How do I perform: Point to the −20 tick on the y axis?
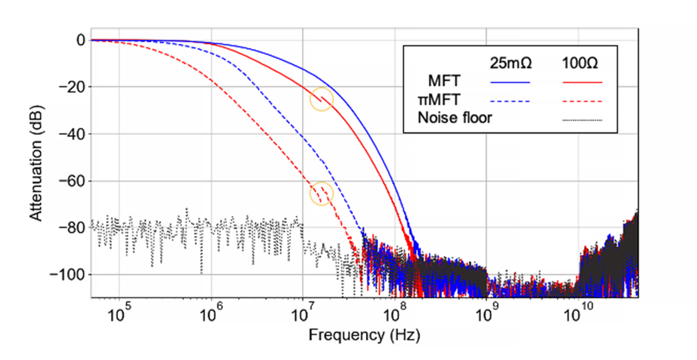(x=72, y=87)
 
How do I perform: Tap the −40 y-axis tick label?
(x=72, y=134)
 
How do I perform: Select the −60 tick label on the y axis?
(x=72, y=181)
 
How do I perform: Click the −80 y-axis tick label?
(x=72, y=227)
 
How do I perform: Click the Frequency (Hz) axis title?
(x=364, y=335)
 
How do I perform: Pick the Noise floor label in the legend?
(x=454, y=118)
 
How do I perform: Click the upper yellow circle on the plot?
(x=322, y=99)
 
